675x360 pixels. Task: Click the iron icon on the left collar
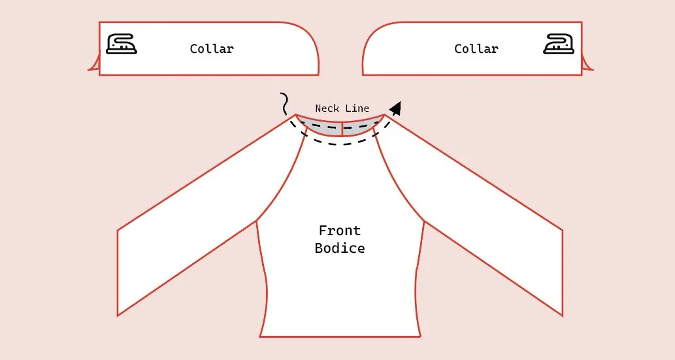pyautogui.click(x=122, y=44)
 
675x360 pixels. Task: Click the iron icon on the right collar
pyautogui.click(x=559, y=44)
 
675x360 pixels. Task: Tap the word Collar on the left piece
pyautogui.click(x=211, y=49)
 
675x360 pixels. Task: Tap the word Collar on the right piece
pyautogui.click(x=476, y=49)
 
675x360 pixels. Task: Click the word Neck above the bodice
pyautogui.click(x=327, y=108)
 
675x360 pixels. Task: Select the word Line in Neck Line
pyautogui.click(x=357, y=108)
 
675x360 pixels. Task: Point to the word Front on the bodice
pyautogui.click(x=339, y=231)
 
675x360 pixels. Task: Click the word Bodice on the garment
pyautogui.click(x=339, y=248)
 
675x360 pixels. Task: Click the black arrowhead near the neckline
pyautogui.click(x=395, y=108)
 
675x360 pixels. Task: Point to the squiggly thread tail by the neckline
pyautogui.click(x=284, y=103)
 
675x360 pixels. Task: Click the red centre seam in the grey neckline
pyautogui.click(x=342, y=128)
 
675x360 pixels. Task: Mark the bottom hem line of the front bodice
pyautogui.click(x=340, y=336)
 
